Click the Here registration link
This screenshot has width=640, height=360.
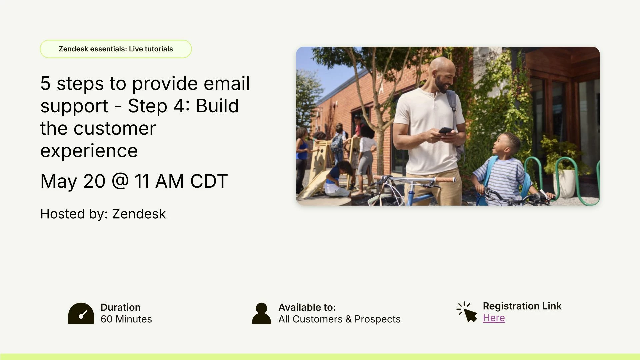(x=494, y=318)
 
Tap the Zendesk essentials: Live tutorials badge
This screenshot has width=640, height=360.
(x=116, y=49)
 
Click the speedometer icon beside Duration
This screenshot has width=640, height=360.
(x=81, y=313)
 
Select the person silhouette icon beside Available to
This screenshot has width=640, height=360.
(x=261, y=313)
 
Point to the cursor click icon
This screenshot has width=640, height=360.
(x=467, y=312)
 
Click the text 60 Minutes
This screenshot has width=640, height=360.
(x=126, y=319)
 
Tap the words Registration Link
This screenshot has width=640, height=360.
(x=522, y=306)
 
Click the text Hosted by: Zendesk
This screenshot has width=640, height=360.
(x=103, y=214)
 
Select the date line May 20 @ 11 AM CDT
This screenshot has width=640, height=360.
(x=134, y=181)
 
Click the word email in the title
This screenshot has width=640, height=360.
(x=226, y=83)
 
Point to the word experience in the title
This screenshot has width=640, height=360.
(x=89, y=151)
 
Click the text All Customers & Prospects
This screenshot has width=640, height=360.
(x=339, y=319)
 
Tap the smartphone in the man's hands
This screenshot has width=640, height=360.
(x=445, y=130)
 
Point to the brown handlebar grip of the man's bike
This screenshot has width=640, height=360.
(x=445, y=180)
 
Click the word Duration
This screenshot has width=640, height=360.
(x=120, y=307)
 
